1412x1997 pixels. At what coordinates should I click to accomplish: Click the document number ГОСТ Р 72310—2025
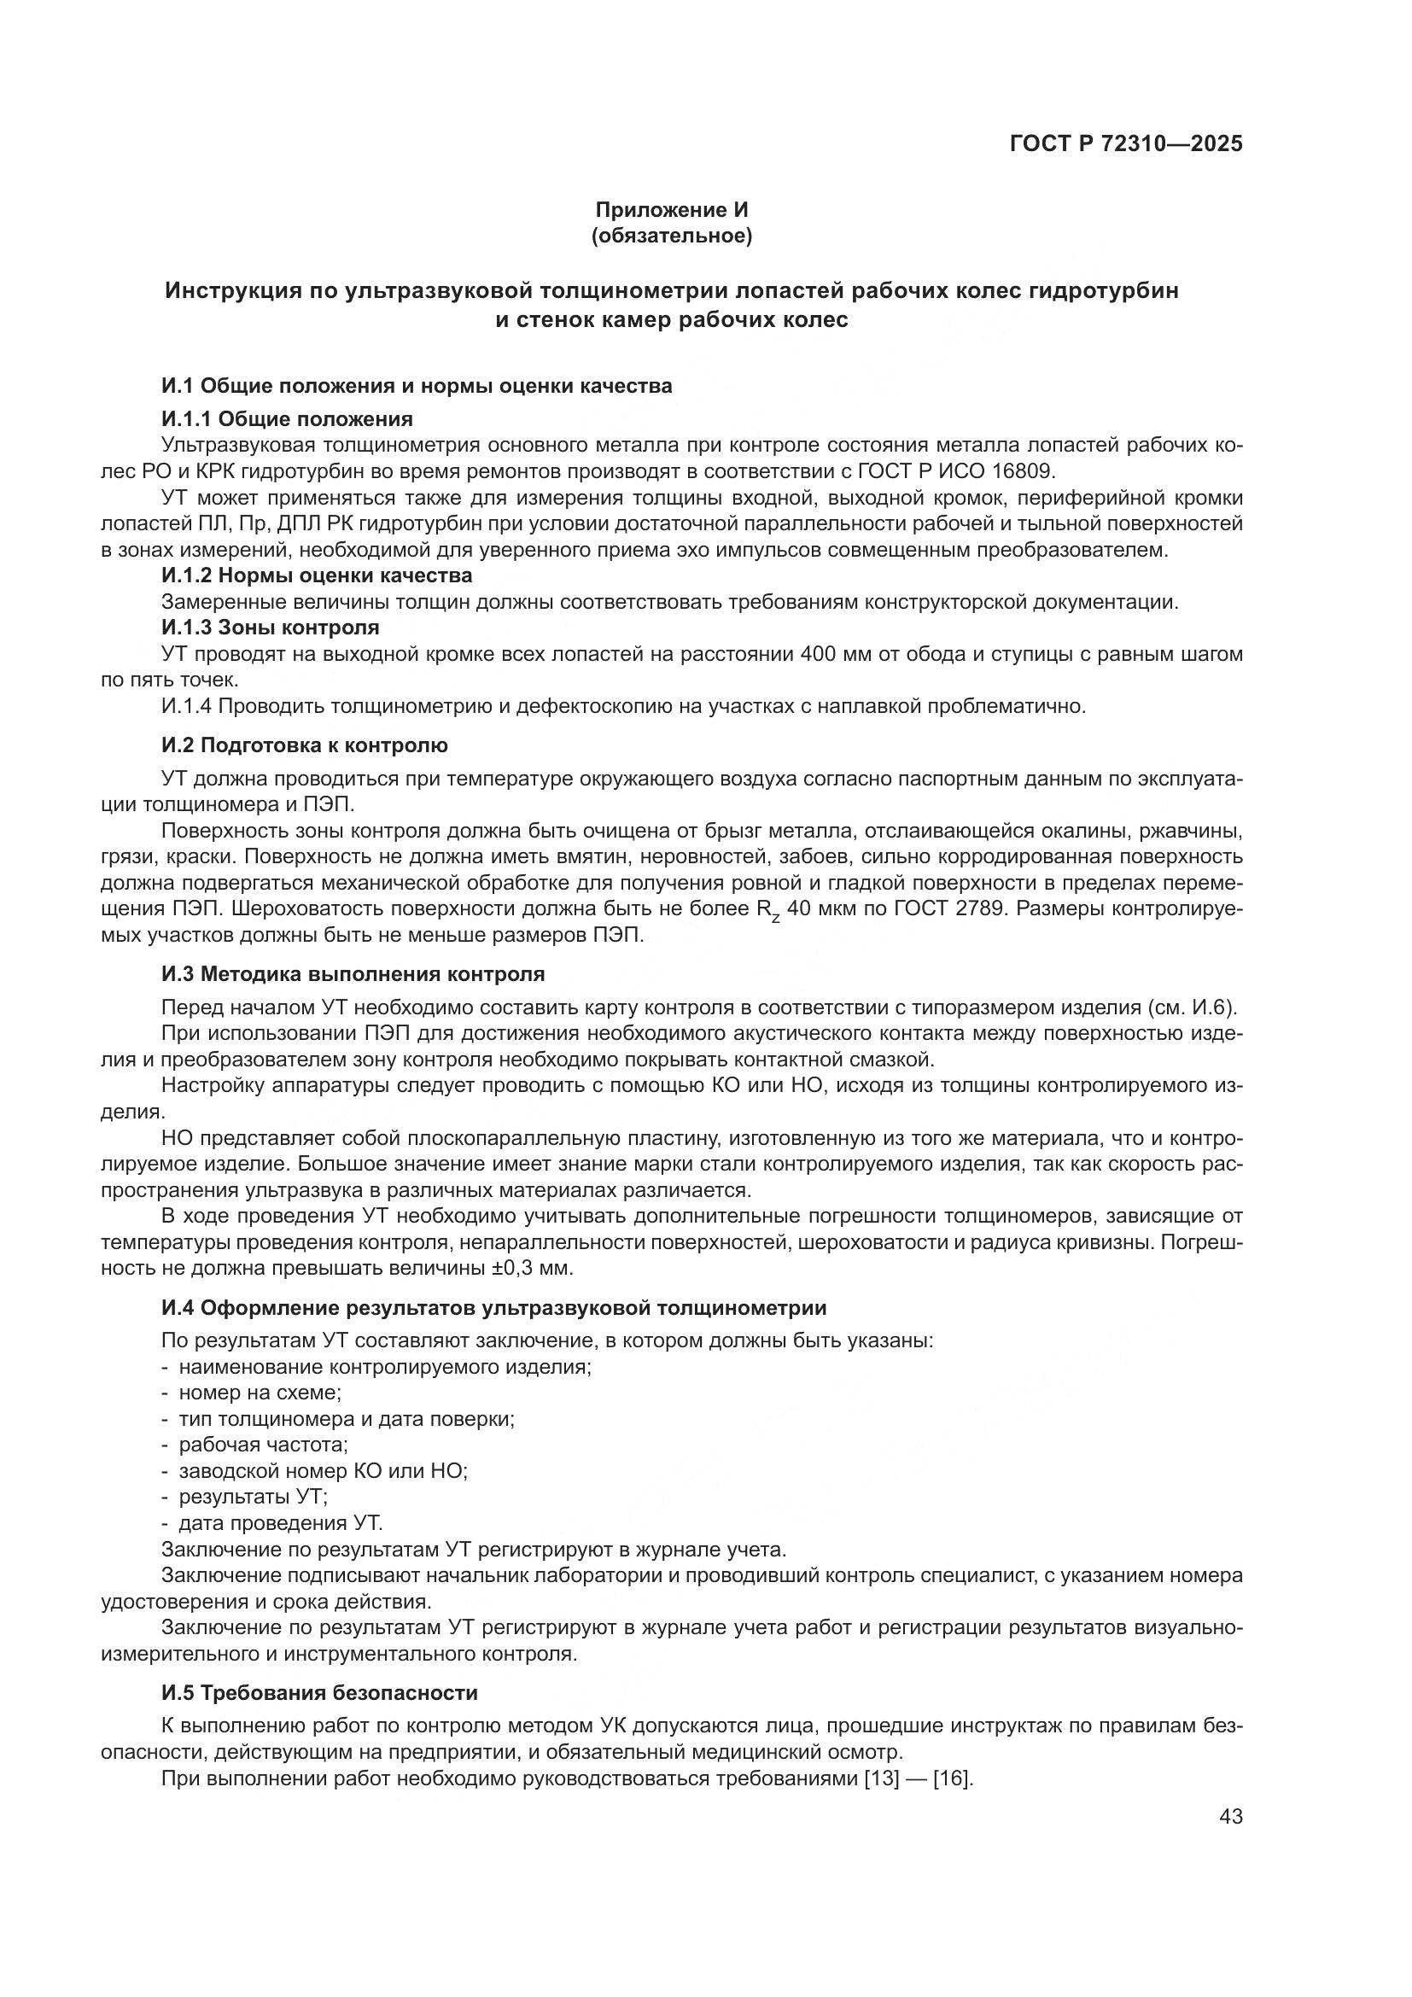pyautogui.click(x=1126, y=144)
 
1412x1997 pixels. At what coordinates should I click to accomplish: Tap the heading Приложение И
pyautogui.click(x=671, y=210)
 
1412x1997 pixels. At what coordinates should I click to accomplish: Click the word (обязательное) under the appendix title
pyautogui.click(x=671, y=236)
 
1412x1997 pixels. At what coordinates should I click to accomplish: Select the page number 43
pyautogui.click(x=1230, y=1816)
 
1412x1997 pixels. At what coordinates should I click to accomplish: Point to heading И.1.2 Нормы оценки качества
pyautogui.click(x=317, y=575)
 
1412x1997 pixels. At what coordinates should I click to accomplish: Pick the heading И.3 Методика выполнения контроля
pyautogui.click(x=353, y=974)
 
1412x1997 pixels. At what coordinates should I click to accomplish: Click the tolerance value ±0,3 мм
pyautogui.click(x=520, y=1268)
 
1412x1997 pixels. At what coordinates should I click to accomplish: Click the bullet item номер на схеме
pyautogui.click(x=260, y=1393)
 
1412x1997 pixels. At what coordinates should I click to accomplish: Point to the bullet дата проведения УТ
pyautogui.click(x=280, y=1523)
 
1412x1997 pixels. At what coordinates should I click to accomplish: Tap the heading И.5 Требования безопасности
pyautogui.click(x=319, y=1692)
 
